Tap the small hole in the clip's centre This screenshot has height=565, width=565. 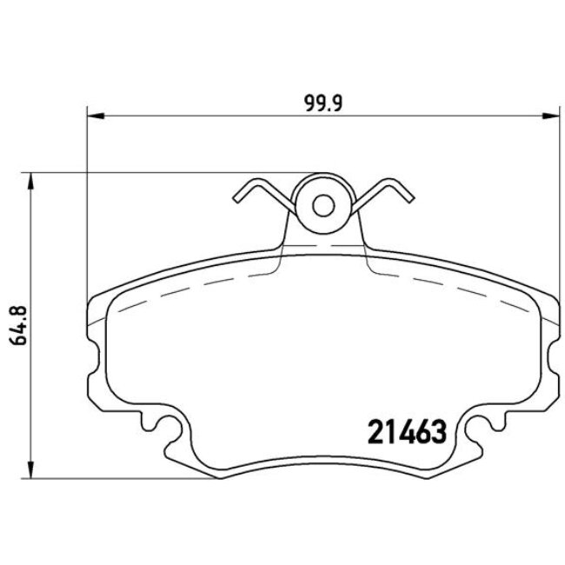click(323, 206)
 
